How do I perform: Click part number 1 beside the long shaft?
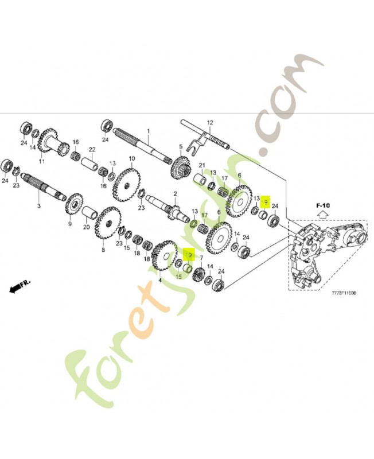pos(147,131)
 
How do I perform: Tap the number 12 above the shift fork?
pos(210,123)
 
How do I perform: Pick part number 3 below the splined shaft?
pos(38,205)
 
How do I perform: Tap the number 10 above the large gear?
pos(131,158)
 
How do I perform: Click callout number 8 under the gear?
pos(103,250)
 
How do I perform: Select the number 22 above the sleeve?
pos(91,150)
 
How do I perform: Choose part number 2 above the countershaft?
pos(175,194)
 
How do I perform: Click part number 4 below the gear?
pos(159,279)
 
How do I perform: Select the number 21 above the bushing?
pos(202,165)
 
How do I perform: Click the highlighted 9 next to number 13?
pos(265,202)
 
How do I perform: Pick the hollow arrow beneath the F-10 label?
pos(322,215)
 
